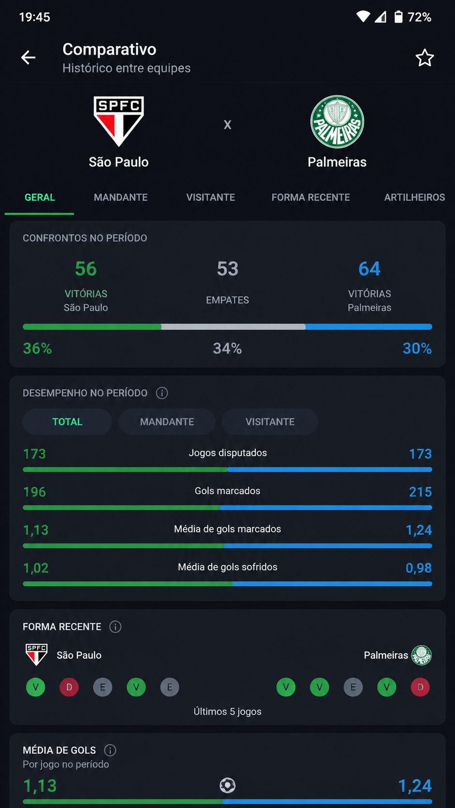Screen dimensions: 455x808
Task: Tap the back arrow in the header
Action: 28,58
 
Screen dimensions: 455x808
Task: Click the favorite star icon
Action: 425,58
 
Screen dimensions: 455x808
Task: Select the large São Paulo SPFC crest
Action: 119,121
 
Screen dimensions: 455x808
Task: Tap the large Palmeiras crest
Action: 337,122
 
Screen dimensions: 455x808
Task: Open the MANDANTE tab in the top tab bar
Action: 120,197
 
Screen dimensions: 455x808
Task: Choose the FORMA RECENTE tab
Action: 311,197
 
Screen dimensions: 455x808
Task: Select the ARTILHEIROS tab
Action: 414,197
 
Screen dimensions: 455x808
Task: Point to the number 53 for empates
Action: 228,269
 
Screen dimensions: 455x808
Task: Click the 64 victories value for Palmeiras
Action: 369,269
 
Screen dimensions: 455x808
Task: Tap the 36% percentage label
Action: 38,348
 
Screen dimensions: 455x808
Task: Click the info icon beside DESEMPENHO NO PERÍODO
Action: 161,393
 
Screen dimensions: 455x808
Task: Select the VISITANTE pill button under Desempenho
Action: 270,422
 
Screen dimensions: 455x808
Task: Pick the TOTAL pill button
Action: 68,422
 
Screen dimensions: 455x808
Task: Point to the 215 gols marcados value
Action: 420,492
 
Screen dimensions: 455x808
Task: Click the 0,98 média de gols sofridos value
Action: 419,568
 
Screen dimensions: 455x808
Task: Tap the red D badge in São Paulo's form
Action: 69,687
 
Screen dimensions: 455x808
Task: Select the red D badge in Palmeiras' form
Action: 420,687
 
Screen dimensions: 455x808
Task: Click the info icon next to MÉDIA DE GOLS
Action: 110,750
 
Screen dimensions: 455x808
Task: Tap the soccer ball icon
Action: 228,785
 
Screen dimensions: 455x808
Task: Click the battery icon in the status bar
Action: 398,16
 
